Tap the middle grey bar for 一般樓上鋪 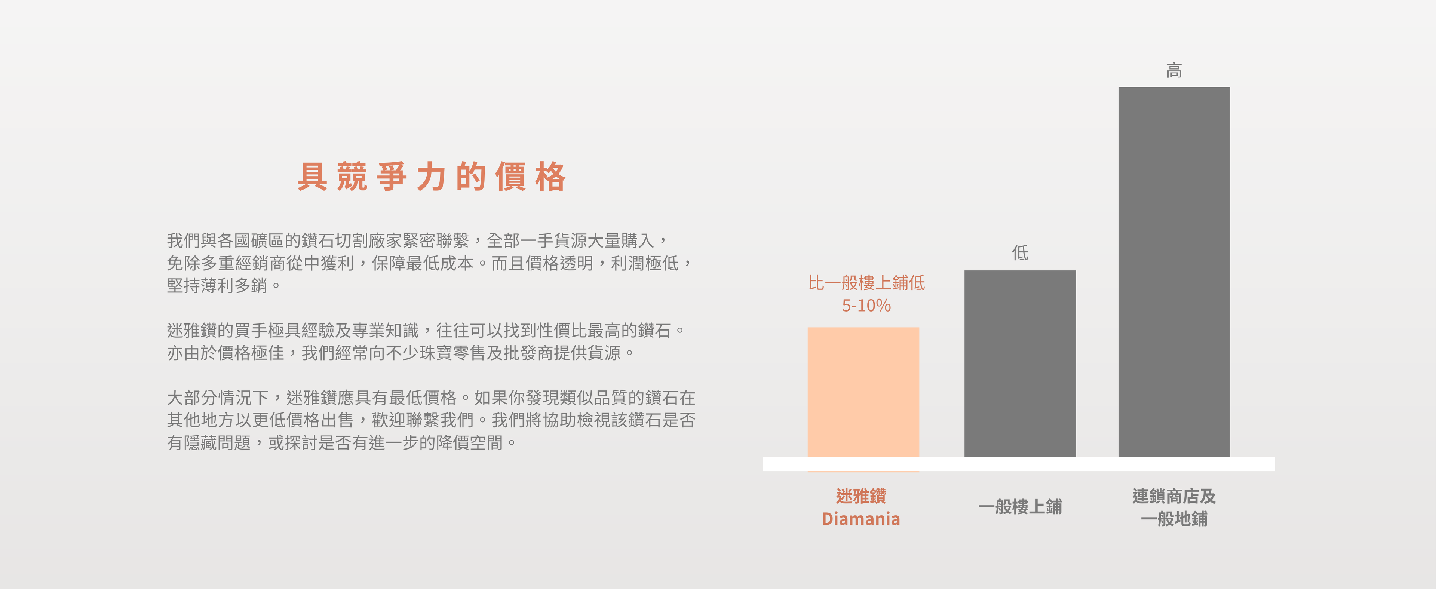1020,363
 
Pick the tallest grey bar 1174,272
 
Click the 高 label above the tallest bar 1174,71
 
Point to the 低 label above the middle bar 1020,253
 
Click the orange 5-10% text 866,306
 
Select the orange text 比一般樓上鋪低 866,282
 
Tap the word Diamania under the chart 861,519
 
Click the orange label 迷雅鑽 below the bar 861,496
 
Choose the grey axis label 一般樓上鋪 1020,506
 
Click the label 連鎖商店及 1174,496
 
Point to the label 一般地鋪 1174,519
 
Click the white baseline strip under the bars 1018,464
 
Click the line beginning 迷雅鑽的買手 426,331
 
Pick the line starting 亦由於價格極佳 400,353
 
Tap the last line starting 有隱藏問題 342,442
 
